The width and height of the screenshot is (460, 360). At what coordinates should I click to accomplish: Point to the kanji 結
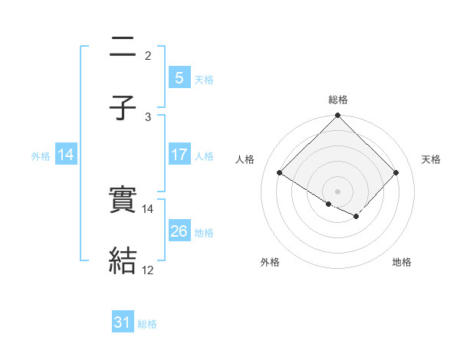tap(123, 261)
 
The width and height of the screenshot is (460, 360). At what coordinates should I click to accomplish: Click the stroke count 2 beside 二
tap(148, 56)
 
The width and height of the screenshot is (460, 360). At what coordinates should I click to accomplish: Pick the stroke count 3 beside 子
tap(148, 116)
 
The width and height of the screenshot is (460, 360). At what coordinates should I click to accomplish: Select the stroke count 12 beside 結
tap(148, 270)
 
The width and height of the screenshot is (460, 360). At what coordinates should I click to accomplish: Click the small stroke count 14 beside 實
tap(148, 209)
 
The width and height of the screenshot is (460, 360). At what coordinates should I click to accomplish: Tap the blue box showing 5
tap(179, 77)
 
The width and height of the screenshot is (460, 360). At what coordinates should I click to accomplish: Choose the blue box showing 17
tap(179, 155)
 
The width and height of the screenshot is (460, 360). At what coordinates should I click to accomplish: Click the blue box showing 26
tap(179, 231)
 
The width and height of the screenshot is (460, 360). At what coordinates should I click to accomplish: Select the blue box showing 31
tap(123, 323)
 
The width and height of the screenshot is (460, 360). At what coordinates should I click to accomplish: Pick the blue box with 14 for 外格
tap(66, 155)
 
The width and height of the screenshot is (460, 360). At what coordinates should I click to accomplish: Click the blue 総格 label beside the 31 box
tap(147, 324)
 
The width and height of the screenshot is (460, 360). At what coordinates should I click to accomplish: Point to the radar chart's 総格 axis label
tap(338, 100)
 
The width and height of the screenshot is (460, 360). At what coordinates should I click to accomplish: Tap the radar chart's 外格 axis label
tap(270, 263)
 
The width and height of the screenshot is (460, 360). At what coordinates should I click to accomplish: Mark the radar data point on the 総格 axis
tap(338, 116)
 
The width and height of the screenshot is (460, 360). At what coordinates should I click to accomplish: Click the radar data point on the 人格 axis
tap(280, 173)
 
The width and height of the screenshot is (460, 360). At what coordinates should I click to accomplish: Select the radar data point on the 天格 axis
tap(396, 173)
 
